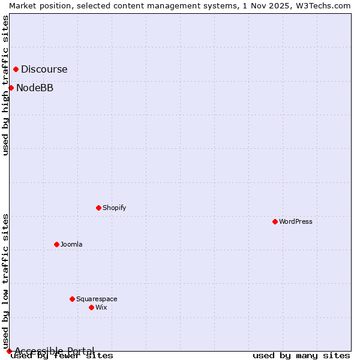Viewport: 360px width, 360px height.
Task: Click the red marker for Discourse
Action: pyautogui.click(x=16, y=69)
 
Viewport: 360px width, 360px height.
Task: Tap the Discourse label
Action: pyautogui.click(x=44, y=70)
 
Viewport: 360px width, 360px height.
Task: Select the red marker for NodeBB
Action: pyautogui.click(x=11, y=88)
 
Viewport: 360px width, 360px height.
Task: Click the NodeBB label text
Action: pyautogui.click(x=35, y=88)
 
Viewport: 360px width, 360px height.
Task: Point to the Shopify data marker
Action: pyautogui.click(x=98, y=208)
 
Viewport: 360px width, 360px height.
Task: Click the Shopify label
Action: pyautogui.click(x=114, y=208)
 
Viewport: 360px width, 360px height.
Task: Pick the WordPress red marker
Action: pyautogui.click(x=275, y=221)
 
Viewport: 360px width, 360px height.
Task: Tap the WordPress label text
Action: pyautogui.click(x=296, y=221)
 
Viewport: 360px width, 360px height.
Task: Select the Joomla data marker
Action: pyautogui.click(x=56, y=244)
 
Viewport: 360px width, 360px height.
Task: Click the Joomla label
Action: pyautogui.click(x=71, y=244)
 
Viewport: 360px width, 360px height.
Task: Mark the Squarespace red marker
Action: pyautogui.click(x=72, y=299)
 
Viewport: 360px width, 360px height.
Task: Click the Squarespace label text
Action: pyautogui.click(x=97, y=299)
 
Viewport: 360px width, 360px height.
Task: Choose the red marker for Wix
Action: pyautogui.click(x=91, y=307)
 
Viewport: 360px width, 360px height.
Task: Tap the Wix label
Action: pyautogui.click(x=101, y=307)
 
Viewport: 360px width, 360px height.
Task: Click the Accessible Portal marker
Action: pyautogui.click(x=9, y=351)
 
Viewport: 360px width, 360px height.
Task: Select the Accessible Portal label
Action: pyautogui.click(x=55, y=351)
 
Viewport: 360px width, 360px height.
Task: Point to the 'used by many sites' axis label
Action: pyautogui.click(x=301, y=356)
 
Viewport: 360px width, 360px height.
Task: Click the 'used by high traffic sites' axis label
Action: pyautogui.click(x=5, y=85)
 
